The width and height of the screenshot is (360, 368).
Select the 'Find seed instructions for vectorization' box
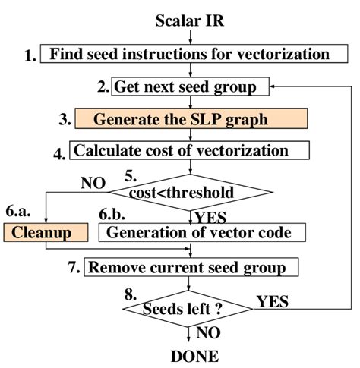point(190,55)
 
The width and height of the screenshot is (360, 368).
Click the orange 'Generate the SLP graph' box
point(191,118)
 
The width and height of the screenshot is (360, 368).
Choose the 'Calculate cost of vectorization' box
point(190,149)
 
